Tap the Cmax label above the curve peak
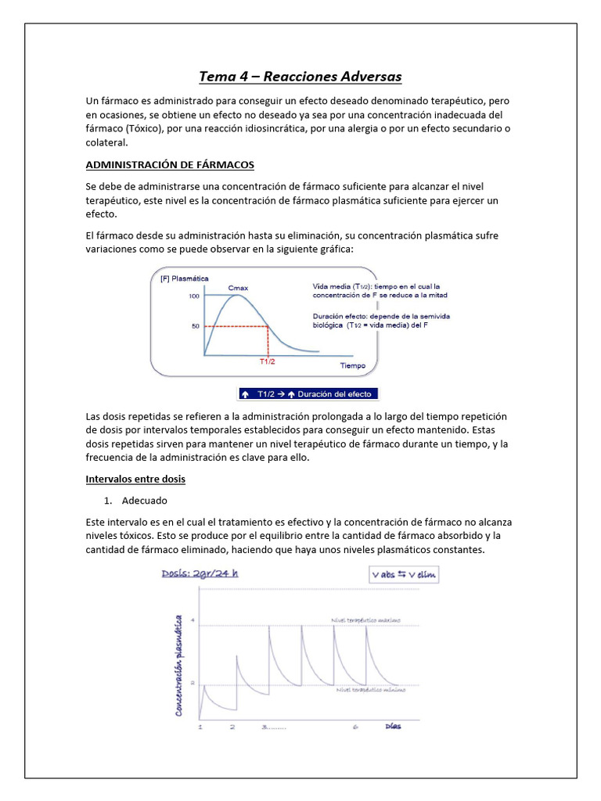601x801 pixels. pos(238,289)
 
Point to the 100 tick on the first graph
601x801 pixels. pos(193,296)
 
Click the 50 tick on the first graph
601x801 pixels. pos(195,326)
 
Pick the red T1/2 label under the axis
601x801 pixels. pos(268,362)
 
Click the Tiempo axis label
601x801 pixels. pos(353,365)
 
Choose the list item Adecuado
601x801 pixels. pos(145,500)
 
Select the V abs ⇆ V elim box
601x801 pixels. pos(405,575)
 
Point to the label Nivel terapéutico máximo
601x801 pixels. pos(366,620)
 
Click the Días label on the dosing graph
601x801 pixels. pos(394,727)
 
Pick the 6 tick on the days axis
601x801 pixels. pos(355,727)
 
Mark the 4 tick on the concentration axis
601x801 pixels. pos(193,622)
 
